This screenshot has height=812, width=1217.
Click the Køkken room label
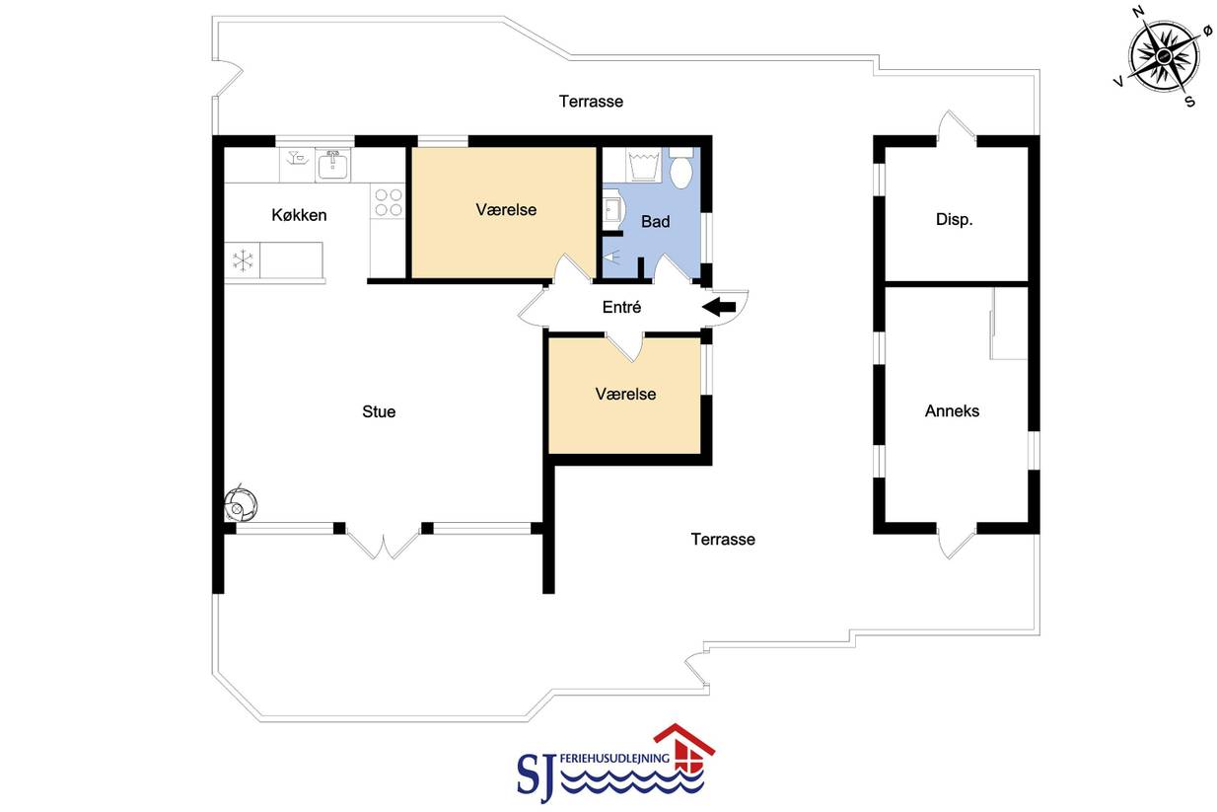[x=299, y=215]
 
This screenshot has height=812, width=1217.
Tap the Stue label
[x=379, y=411]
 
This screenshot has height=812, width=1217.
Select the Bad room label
[x=655, y=222]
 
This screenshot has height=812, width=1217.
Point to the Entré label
[x=621, y=307]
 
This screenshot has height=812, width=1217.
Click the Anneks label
[x=952, y=410]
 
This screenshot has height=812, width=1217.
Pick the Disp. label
[x=954, y=220]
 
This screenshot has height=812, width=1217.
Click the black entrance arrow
[x=719, y=307]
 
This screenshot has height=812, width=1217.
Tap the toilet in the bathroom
[x=680, y=168]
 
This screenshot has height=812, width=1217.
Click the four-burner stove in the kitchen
[x=389, y=201]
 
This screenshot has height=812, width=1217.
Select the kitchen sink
[x=332, y=165]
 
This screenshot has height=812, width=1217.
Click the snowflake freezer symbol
[x=243, y=260]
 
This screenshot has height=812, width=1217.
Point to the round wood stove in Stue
[x=240, y=504]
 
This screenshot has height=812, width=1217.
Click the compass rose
[x=1163, y=56]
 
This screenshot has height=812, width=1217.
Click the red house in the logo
[x=684, y=747]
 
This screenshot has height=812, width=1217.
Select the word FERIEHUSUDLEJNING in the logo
[x=614, y=758]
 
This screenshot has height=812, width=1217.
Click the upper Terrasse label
[x=591, y=102]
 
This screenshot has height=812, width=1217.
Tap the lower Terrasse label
[x=723, y=539]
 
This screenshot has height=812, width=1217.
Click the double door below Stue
[x=383, y=542]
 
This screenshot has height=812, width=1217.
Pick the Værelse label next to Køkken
[x=506, y=210]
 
